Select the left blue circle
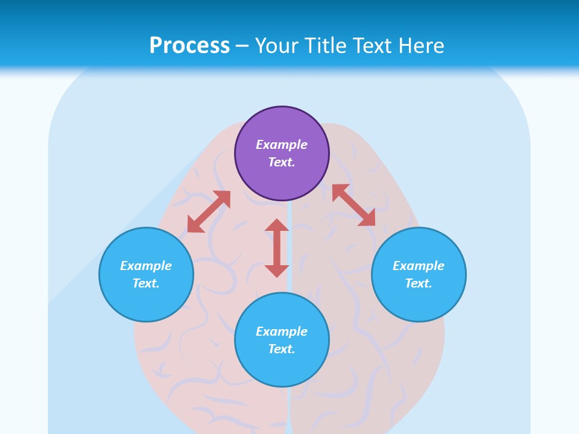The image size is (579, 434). (146, 274)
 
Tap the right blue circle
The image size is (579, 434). (419, 274)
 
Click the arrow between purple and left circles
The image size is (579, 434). (209, 212)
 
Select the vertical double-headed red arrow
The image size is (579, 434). (277, 248)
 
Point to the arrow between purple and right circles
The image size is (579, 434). (353, 205)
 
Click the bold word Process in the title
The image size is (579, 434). (189, 45)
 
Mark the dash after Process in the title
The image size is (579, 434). (242, 46)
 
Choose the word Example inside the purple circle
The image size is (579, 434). (282, 145)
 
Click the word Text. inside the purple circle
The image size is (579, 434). (282, 162)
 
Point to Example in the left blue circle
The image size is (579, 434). (146, 266)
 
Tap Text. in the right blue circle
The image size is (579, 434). (419, 283)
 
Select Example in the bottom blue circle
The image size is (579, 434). (282, 332)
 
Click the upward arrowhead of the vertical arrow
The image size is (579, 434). (277, 225)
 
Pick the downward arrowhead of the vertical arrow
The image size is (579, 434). (277, 270)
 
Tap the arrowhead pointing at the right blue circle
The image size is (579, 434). (367, 218)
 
